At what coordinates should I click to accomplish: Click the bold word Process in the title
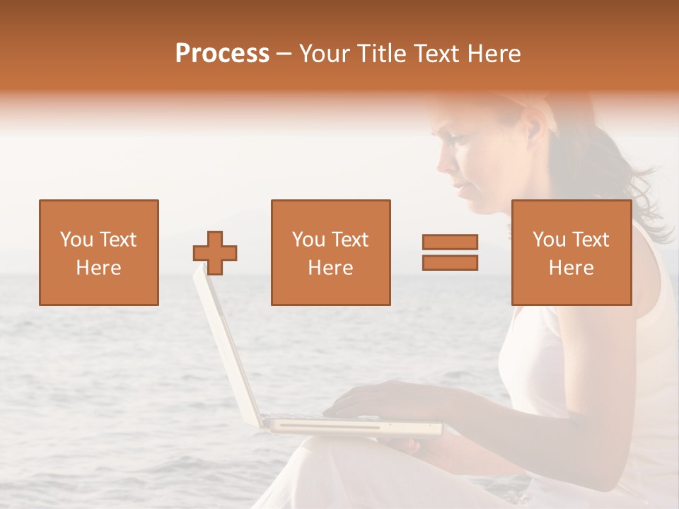point(222,54)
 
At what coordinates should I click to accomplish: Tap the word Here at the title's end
point(493,54)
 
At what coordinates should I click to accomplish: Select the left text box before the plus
point(99,252)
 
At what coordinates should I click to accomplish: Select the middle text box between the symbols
point(331,252)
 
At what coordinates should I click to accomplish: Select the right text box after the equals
point(571,252)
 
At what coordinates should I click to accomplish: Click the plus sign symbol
point(215,252)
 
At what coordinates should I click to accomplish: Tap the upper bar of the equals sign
point(451,242)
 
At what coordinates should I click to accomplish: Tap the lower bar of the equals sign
point(451,263)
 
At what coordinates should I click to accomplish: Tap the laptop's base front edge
point(354,428)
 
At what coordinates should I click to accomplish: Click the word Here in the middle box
point(331,268)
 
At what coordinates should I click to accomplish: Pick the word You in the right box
point(550,240)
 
